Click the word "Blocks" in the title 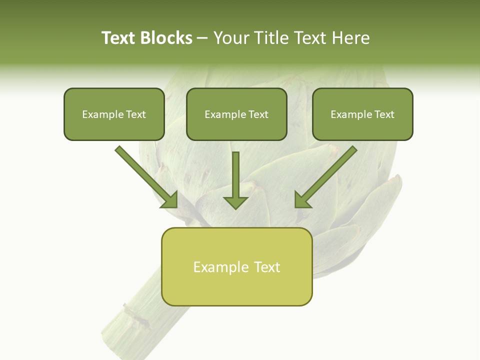click(x=166, y=38)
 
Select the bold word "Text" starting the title click(x=119, y=38)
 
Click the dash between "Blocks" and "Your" click(x=202, y=38)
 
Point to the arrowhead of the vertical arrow click(x=235, y=201)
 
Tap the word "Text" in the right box click(x=384, y=114)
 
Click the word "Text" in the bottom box click(x=267, y=267)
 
